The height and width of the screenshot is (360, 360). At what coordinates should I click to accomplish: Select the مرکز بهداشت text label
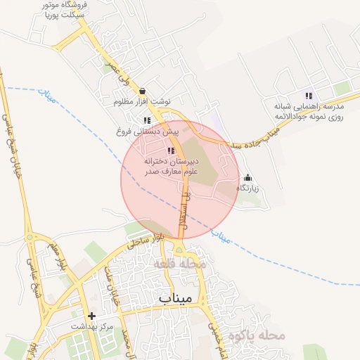[92, 327]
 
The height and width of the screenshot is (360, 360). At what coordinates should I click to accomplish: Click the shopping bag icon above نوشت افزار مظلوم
[143, 91]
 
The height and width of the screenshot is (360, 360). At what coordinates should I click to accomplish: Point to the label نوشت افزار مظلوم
[143, 102]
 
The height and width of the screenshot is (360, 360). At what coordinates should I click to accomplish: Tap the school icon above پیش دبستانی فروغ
[147, 120]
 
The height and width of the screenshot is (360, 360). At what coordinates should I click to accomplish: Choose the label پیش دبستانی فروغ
[148, 131]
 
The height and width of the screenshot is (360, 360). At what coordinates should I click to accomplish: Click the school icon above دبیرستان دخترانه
[171, 150]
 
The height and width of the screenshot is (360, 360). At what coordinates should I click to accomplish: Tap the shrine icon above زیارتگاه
[247, 178]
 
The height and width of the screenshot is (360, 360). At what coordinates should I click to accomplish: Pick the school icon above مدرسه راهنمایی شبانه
[308, 96]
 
